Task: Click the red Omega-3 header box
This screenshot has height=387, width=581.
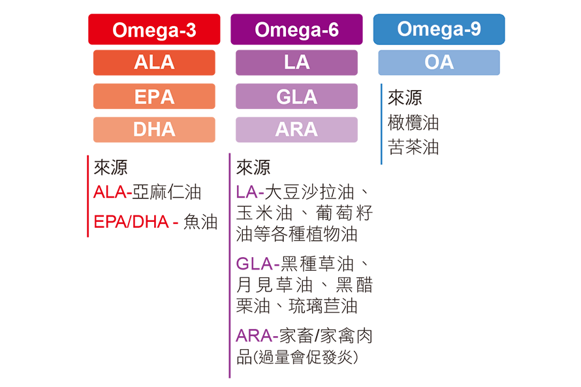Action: tap(154, 30)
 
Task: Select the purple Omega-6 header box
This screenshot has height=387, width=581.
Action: tap(296, 30)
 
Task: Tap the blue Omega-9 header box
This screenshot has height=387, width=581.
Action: tap(439, 29)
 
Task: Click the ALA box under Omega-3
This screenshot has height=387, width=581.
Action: tap(154, 63)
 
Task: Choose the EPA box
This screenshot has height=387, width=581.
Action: tap(154, 97)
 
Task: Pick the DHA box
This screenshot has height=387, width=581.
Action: tap(154, 129)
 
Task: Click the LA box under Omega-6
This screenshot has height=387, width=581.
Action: tap(296, 63)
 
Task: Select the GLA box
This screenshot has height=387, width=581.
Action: tap(296, 97)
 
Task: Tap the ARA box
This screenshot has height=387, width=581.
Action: tap(296, 129)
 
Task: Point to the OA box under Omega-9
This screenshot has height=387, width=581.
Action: tap(439, 63)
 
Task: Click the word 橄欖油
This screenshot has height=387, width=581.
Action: tap(413, 123)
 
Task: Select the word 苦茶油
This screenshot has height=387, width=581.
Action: tap(413, 147)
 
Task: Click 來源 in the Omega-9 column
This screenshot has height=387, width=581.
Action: tap(405, 99)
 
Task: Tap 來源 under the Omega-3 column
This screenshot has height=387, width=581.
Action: tap(110, 168)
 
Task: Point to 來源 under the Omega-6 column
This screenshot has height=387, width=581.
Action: tap(253, 168)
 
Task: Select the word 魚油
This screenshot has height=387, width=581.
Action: tap(200, 223)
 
